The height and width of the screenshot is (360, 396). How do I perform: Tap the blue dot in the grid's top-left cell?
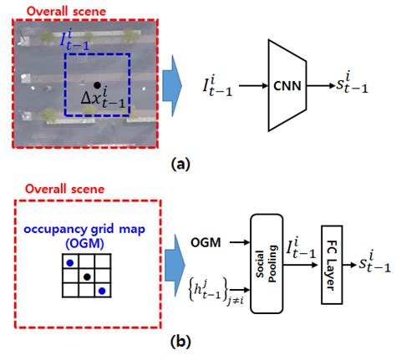pos(69,263)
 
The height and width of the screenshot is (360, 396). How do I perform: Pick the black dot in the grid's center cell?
pos(86,276)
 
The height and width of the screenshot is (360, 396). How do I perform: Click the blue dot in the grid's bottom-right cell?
pos(102,291)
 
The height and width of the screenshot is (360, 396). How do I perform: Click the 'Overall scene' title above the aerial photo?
pos(55,11)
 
